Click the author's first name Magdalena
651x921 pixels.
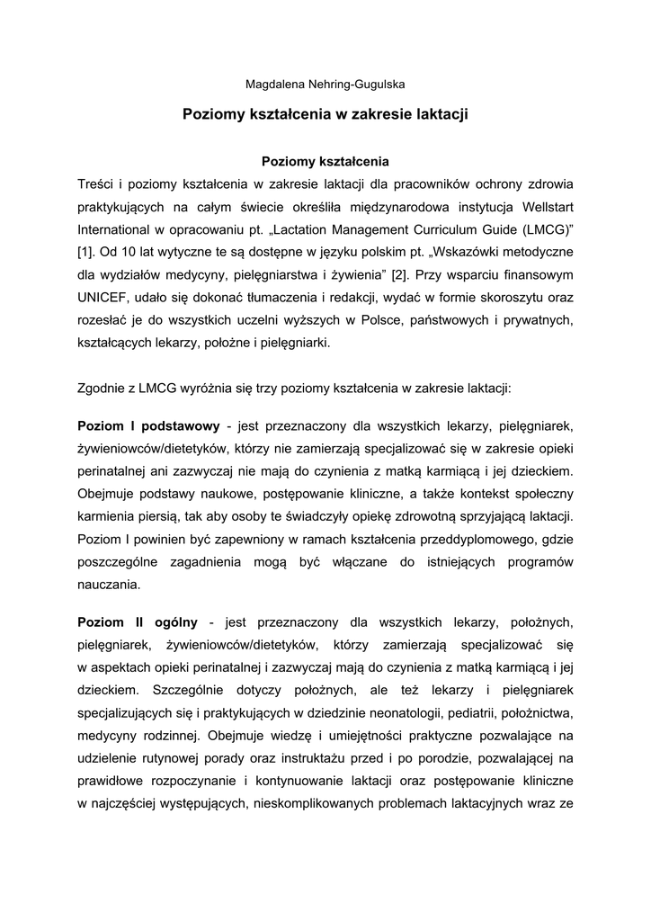(274, 85)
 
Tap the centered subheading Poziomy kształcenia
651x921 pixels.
(325, 162)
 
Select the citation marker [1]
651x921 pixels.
(86, 251)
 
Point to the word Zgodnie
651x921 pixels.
(103, 389)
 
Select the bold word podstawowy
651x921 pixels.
(177, 425)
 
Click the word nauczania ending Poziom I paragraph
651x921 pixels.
(109, 584)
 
